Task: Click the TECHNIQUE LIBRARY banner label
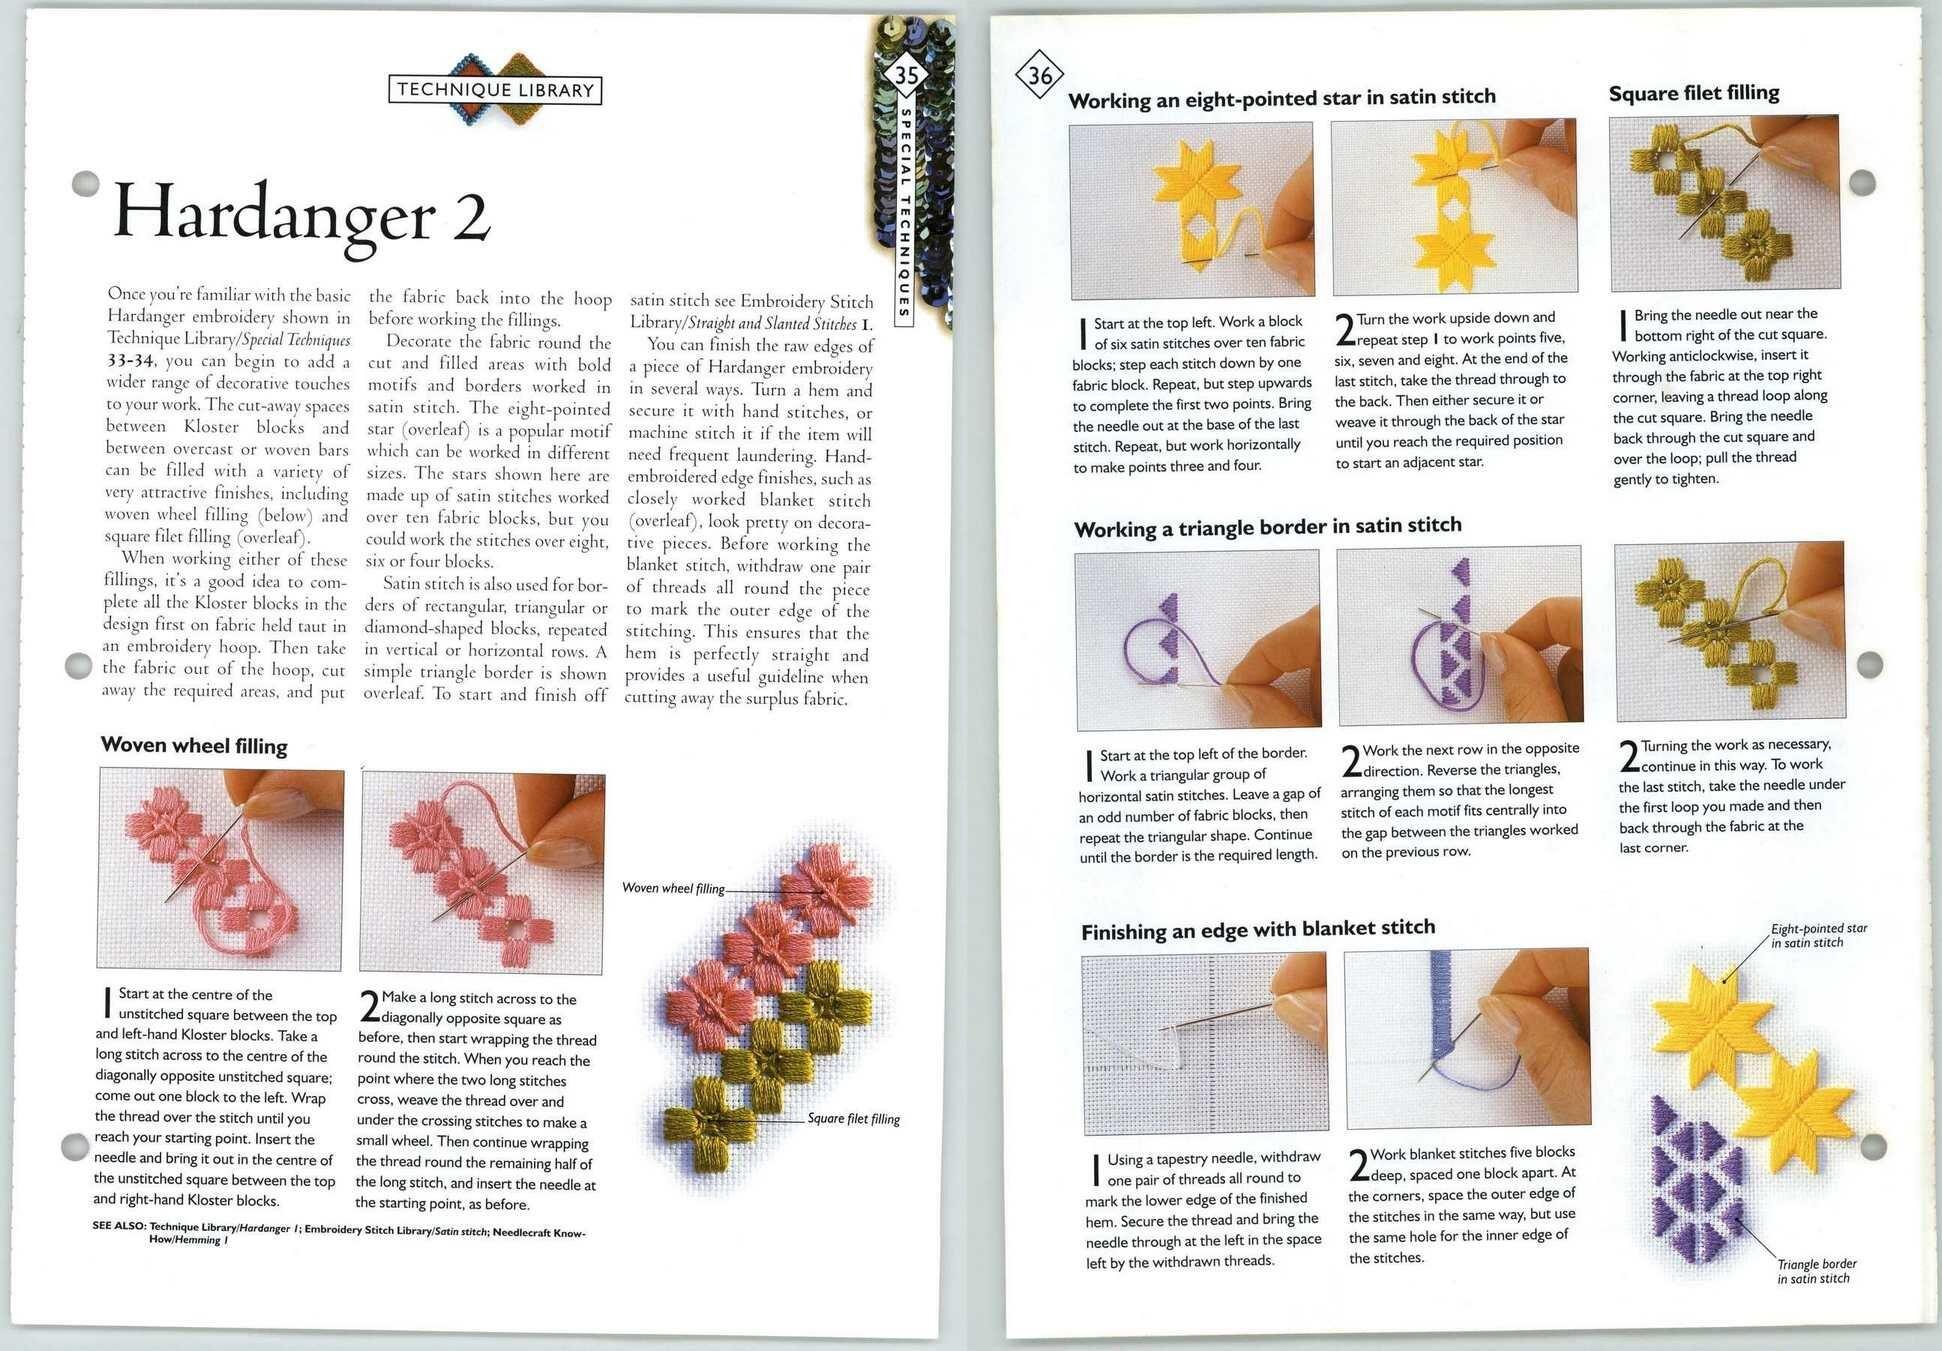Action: tap(495, 90)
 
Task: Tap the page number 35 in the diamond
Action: tap(906, 75)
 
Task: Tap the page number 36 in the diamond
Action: tap(1040, 75)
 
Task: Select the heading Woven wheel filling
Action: tap(194, 746)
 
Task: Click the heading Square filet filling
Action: tap(1693, 94)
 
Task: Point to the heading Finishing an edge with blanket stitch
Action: tap(1257, 930)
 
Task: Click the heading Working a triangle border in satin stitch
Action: tap(1267, 527)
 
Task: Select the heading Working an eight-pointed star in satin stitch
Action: tap(1281, 98)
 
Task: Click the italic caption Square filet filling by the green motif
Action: tap(853, 1119)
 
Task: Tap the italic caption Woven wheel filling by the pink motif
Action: tap(673, 888)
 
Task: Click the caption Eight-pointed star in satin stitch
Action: tap(1818, 935)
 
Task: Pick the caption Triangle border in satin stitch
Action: tap(1816, 1271)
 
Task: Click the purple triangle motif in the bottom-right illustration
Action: tap(1696, 1180)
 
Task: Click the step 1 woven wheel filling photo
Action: tap(220, 868)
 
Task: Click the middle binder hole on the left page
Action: tap(78, 665)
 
